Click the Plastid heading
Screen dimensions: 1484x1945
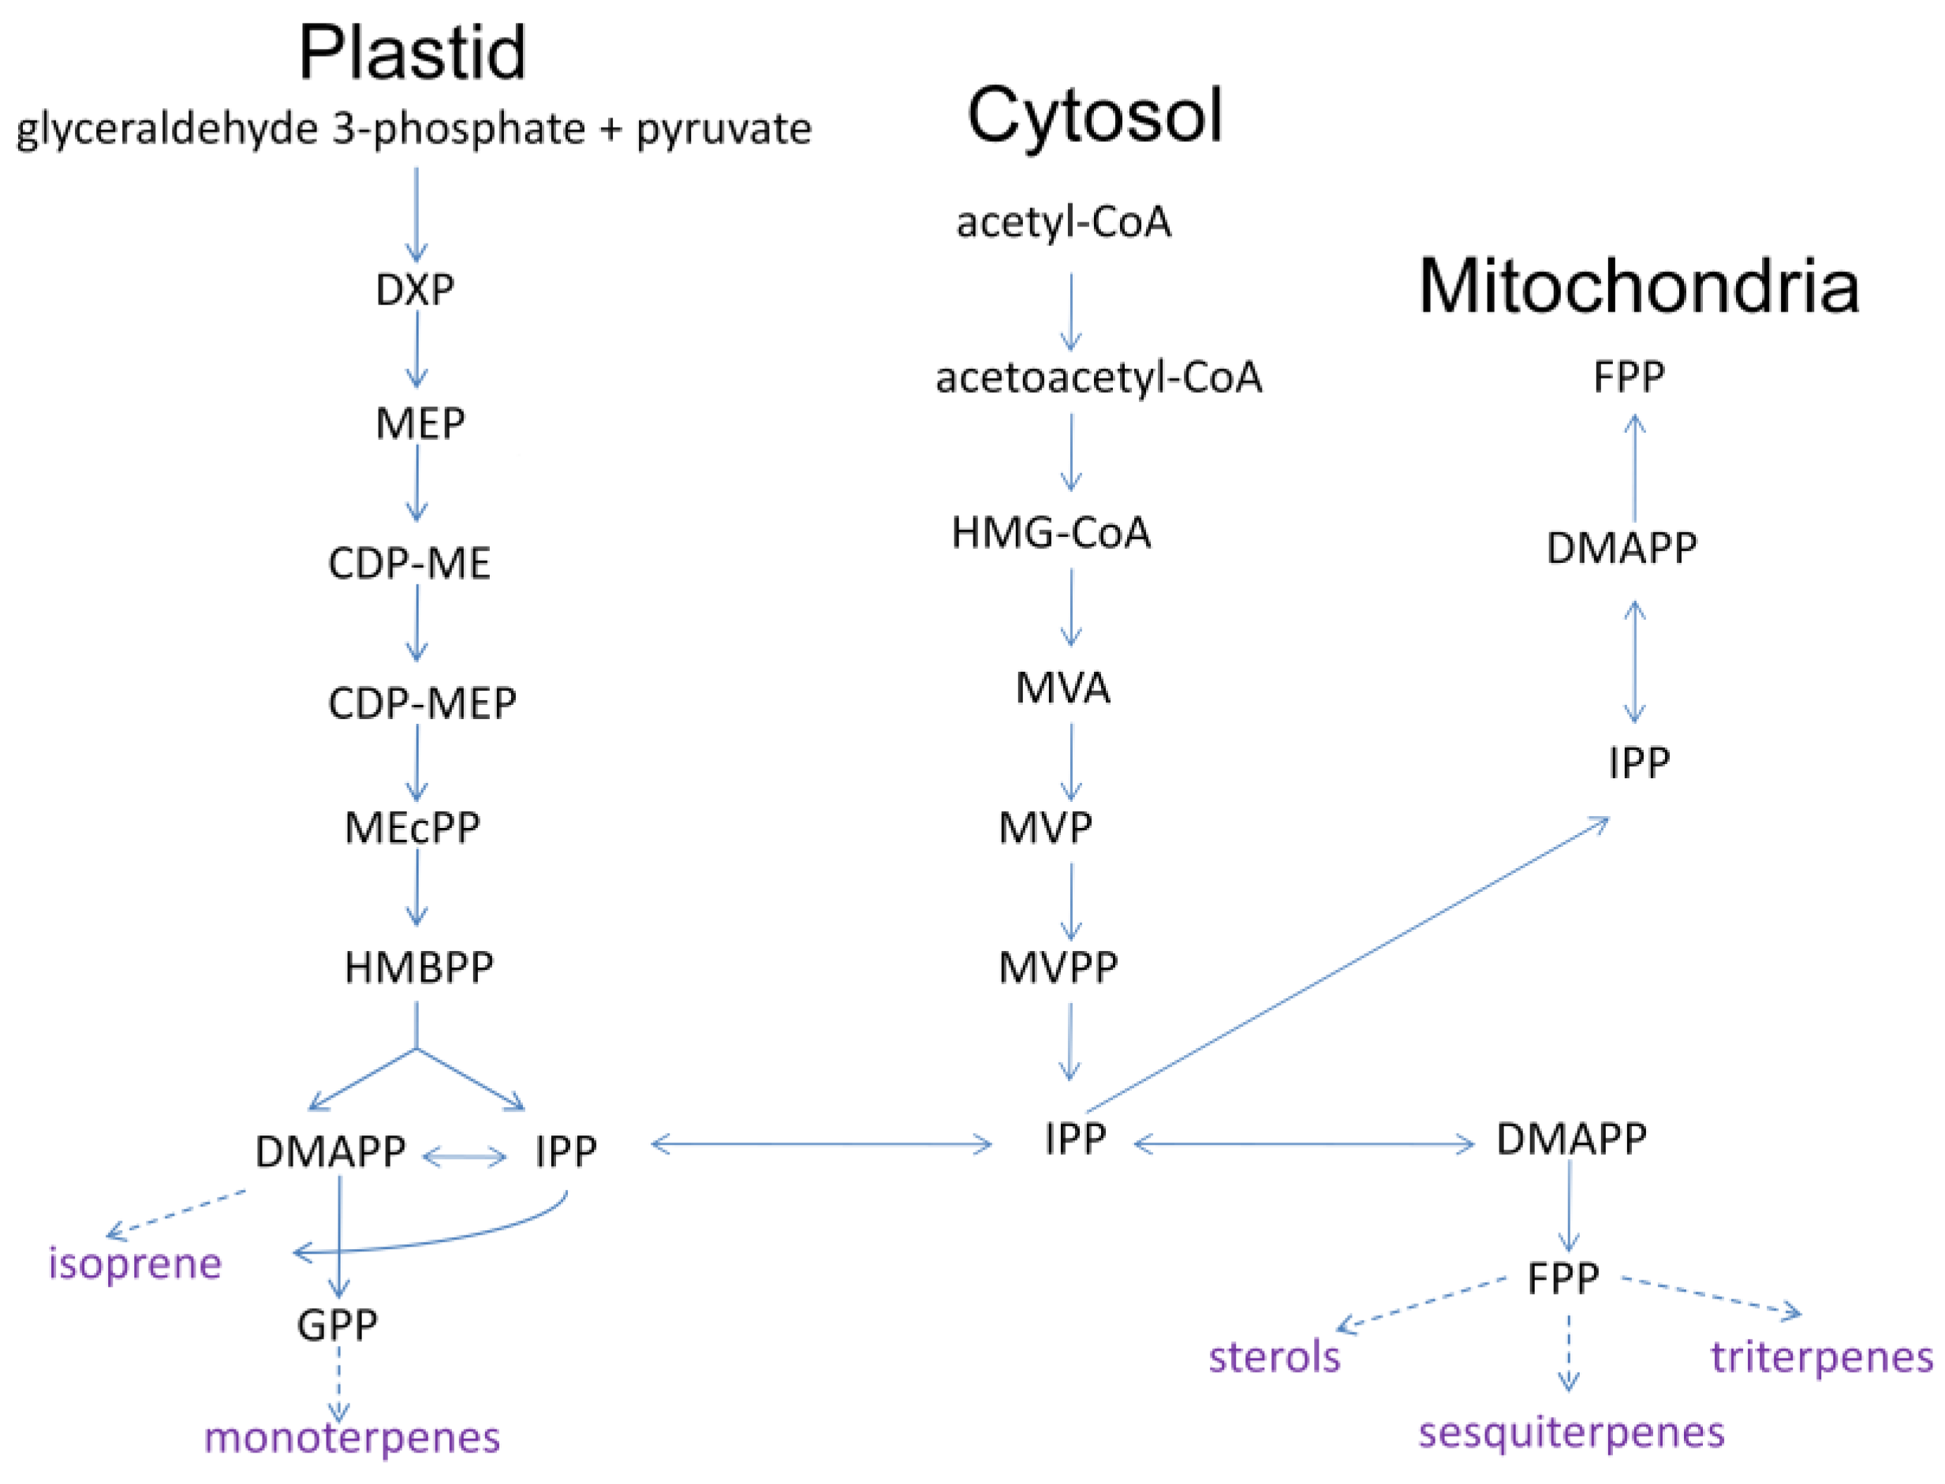412,53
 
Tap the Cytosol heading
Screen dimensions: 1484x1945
1094,117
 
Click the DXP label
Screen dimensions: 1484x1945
414,289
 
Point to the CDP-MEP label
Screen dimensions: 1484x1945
421,704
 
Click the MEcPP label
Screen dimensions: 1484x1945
412,828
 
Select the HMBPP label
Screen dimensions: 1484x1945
418,968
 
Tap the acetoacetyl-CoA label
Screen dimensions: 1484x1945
1099,378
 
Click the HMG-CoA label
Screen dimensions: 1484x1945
1051,533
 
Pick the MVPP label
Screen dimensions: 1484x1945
1058,968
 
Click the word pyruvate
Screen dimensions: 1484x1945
722,129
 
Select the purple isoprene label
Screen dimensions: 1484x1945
134,1263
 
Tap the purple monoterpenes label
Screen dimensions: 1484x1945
352,1437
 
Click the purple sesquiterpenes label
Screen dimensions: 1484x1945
1571,1432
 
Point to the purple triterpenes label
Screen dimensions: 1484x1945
1822,1357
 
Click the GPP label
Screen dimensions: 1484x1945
337,1324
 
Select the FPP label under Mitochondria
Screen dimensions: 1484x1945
1628,378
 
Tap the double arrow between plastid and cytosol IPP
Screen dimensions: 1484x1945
821,1145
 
